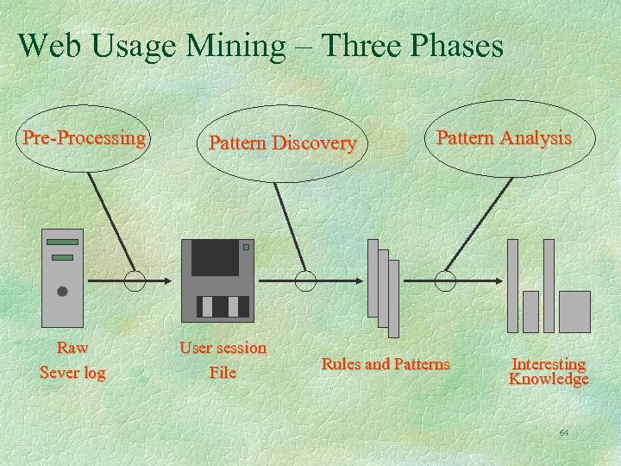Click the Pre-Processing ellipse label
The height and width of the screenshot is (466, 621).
[84, 138]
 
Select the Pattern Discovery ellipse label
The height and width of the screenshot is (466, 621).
[282, 142]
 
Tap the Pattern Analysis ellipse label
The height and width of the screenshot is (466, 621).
[504, 138]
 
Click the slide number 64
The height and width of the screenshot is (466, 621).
[564, 431]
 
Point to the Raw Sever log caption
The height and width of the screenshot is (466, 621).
[72, 361]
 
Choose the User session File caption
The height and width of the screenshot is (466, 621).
[223, 361]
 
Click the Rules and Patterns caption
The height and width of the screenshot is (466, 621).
[386, 364]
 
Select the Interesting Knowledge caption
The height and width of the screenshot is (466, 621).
[549, 372]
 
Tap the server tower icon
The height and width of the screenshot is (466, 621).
[63, 277]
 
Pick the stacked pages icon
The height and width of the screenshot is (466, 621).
[383, 287]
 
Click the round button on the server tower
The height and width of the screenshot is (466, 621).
[62, 292]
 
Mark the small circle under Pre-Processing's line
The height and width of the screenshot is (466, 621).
[135, 280]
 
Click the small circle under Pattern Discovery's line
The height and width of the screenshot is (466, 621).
[305, 280]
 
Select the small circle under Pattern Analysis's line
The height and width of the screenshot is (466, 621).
[445, 280]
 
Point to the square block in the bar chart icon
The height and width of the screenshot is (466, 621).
[574, 312]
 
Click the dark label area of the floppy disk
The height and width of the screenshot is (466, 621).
[215, 258]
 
